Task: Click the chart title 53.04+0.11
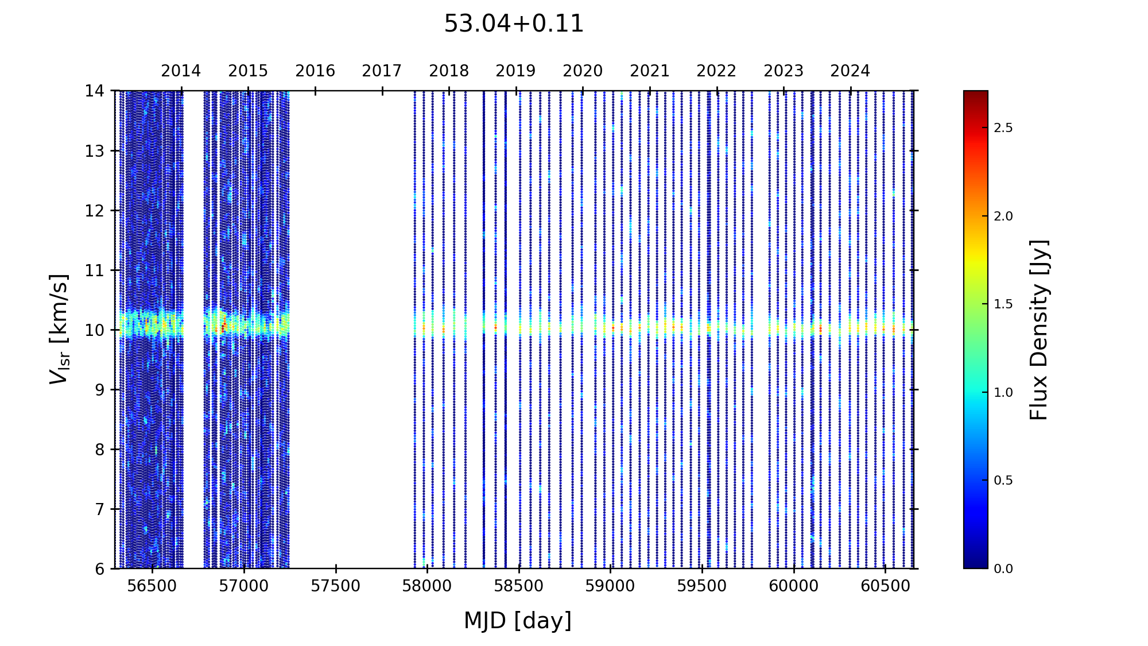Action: click(514, 24)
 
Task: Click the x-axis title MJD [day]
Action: click(518, 621)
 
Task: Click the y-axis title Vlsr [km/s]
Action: click(59, 329)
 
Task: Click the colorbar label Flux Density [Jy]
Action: click(1039, 330)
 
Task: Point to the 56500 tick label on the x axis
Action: click(152, 586)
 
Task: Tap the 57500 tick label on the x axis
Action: click(336, 586)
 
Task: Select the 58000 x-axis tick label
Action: click(427, 586)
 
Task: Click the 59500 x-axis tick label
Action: click(702, 586)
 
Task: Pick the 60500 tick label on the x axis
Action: click(885, 586)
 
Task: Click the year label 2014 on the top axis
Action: click(181, 71)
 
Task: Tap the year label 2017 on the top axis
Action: click(382, 71)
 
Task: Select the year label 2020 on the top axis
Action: click(583, 71)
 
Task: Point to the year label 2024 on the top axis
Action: click(850, 71)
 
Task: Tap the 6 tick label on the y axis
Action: click(100, 569)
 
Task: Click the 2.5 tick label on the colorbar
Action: click(1003, 128)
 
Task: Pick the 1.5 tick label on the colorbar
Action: click(1003, 304)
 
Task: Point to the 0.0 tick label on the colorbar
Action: click(1003, 569)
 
